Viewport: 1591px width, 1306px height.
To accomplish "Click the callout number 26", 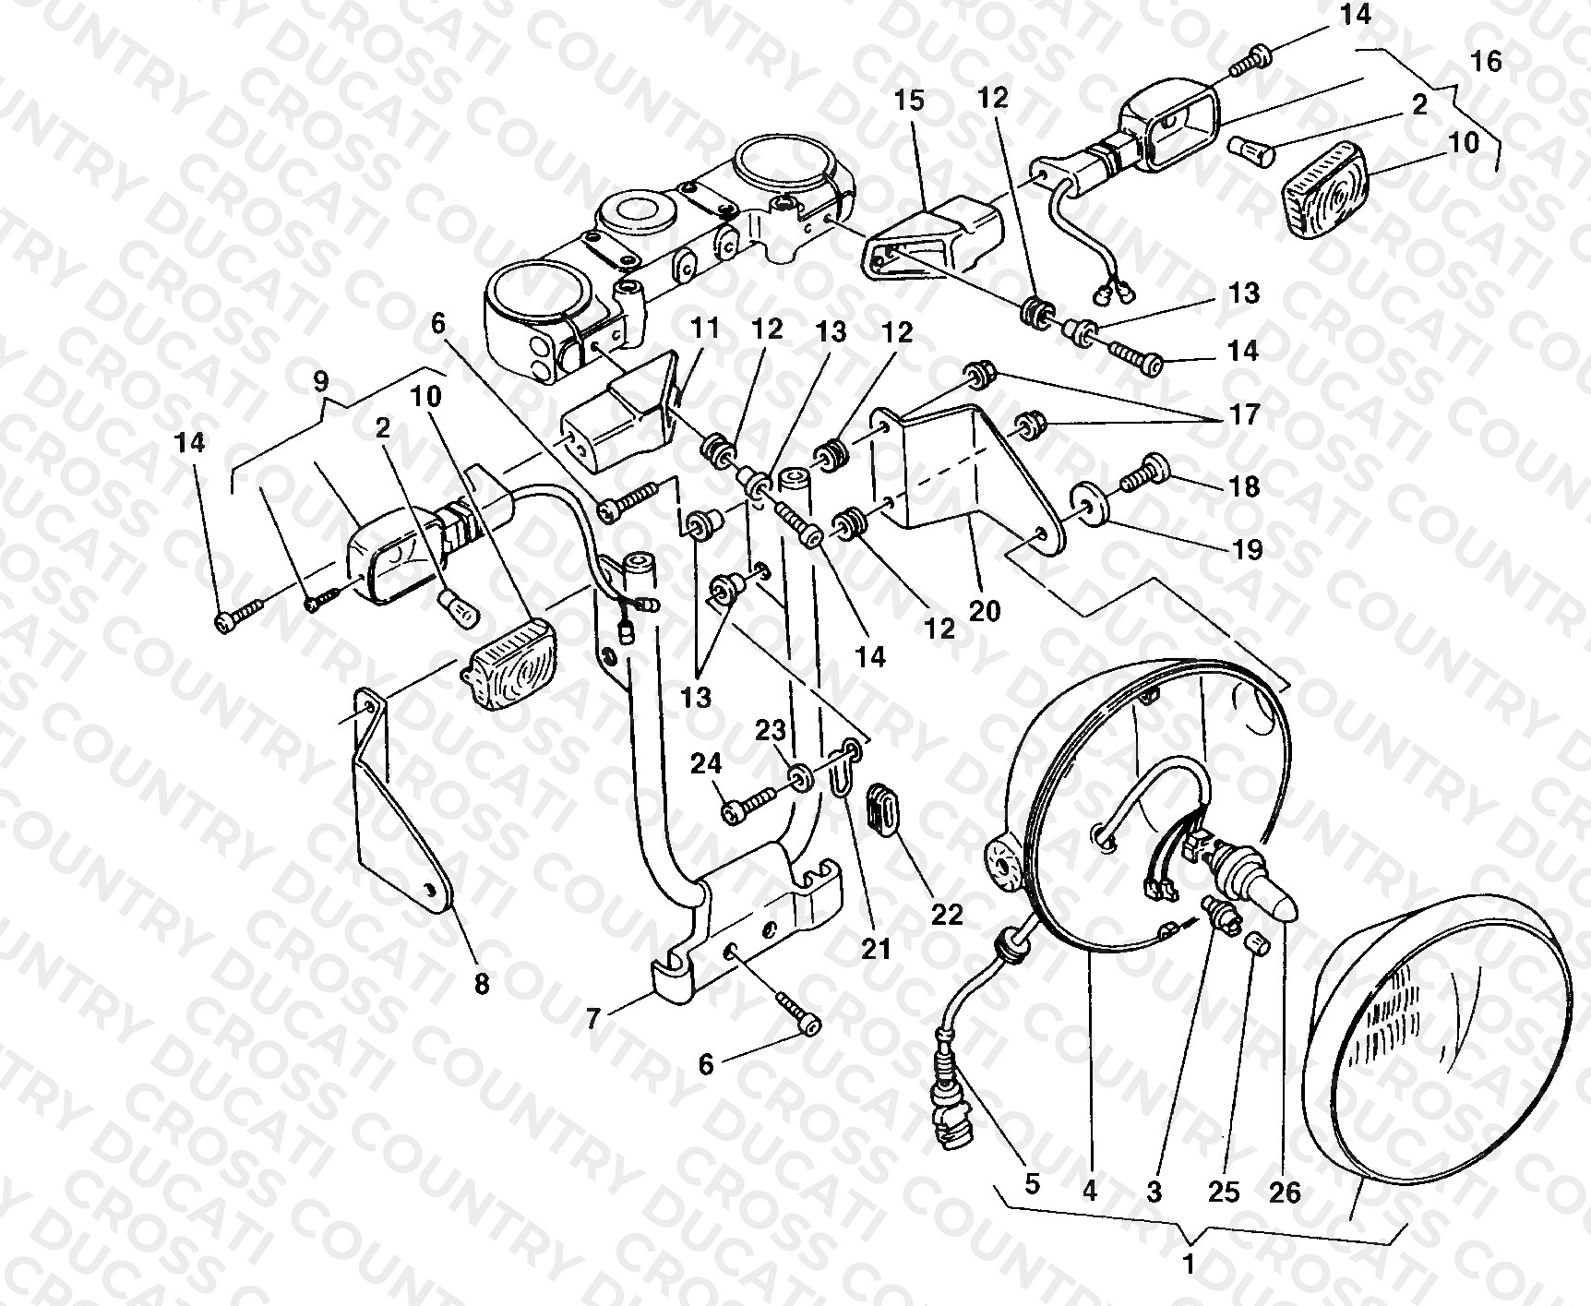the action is click(1285, 1192).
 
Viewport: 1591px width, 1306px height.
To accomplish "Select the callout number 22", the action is click(947, 914).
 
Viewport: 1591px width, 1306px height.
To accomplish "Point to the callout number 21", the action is click(876, 948).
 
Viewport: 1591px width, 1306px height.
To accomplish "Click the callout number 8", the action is click(482, 985).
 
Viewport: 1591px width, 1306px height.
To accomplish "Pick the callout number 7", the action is click(594, 1019).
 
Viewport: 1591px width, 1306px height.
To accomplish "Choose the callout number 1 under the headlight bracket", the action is click(1189, 1264).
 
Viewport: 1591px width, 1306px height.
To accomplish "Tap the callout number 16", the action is click(1487, 61).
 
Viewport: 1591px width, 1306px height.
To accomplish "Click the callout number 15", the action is click(909, 100).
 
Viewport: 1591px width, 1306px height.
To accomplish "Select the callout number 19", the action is click(1248, 549).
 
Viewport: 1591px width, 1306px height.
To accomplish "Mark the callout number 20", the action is click(985, 610).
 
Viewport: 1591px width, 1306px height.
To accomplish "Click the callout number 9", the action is click(320, 379).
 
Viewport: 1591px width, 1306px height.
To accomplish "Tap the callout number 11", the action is click(705, 327).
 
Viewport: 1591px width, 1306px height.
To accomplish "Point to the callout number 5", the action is click(1031, 1183).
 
